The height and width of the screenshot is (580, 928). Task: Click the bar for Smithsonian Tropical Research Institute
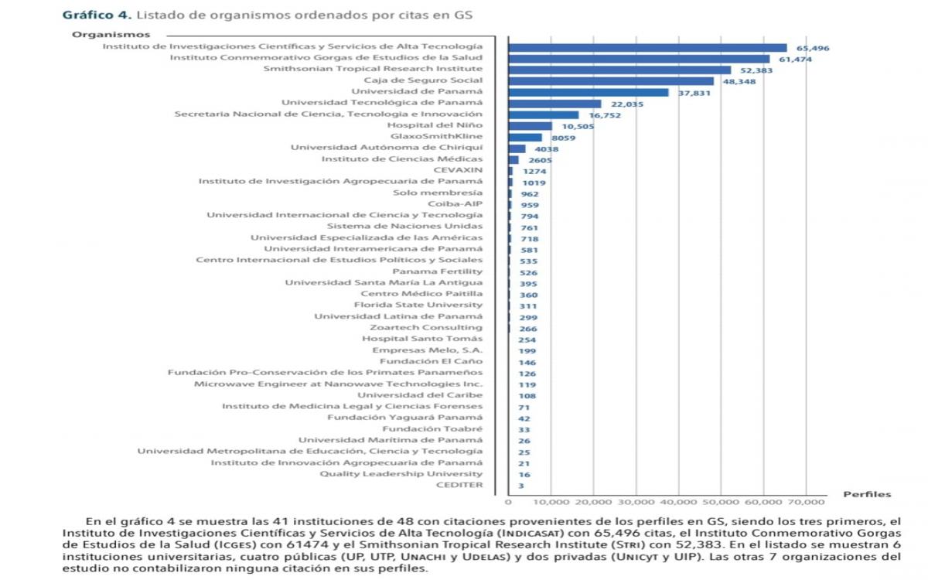pos(619,70)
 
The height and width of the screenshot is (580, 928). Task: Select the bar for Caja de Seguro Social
pos(611,80)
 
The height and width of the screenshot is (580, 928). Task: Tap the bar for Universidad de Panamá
pos(589,92)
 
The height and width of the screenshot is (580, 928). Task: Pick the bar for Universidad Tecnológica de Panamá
pos(554,103)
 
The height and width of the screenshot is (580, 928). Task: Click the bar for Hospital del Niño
pos(530,125)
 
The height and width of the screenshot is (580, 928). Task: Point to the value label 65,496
pos(813,48)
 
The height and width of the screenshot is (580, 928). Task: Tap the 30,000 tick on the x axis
pos(635,501)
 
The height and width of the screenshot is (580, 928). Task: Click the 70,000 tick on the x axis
pos(805,501)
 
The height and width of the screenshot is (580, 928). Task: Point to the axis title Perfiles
pos(866,494)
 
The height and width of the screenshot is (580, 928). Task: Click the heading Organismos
pos(111,34)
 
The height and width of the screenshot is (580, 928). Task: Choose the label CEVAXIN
pos(458,170)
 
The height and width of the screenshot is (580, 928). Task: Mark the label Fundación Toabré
pos(432,428)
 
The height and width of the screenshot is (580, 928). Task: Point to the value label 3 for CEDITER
pos(520,486)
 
